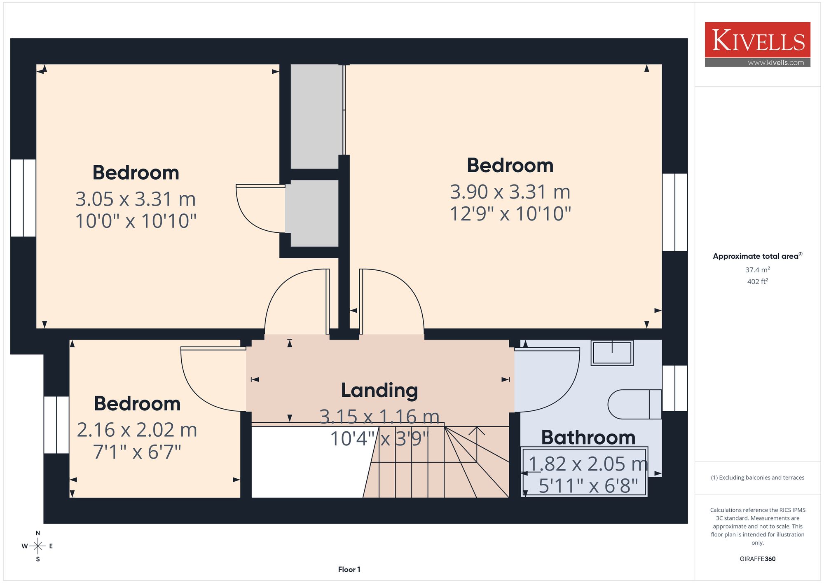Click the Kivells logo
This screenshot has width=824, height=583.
[757, 44]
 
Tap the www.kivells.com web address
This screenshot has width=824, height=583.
[776, 63]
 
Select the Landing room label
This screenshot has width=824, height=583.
[379, 391]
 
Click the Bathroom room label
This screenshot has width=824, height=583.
[588, 437]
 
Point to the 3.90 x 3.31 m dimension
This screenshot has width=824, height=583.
[510, 192]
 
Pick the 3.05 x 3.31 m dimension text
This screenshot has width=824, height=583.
[136, 199]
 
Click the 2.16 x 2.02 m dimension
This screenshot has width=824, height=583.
[137, 430]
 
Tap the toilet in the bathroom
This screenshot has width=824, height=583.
[634, 404]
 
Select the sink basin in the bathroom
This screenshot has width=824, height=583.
[612, 353]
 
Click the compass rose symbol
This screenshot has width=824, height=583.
[38, 546]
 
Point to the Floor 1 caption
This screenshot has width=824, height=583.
[349, 569]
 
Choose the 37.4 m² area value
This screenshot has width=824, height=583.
[757, 270]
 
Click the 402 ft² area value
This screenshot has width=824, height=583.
[757, 281]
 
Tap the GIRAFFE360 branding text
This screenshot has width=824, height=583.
[757, 559]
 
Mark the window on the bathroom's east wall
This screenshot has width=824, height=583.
[675, 388]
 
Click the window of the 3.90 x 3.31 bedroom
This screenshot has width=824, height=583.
[675, 212]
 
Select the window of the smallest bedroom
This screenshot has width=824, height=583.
[56, 425]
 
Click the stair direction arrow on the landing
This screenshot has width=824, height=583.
[477, 445]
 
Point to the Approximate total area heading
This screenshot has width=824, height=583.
[757, 256]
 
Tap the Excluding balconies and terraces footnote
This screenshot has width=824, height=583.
[757, 478]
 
